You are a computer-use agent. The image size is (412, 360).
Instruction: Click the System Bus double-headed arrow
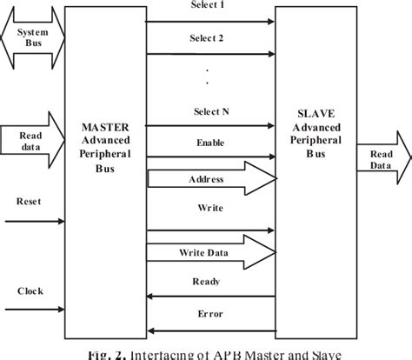32,39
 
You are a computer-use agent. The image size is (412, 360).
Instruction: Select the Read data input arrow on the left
32,140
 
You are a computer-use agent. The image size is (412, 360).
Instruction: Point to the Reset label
28,201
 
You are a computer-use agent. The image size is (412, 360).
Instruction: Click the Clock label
29,290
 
